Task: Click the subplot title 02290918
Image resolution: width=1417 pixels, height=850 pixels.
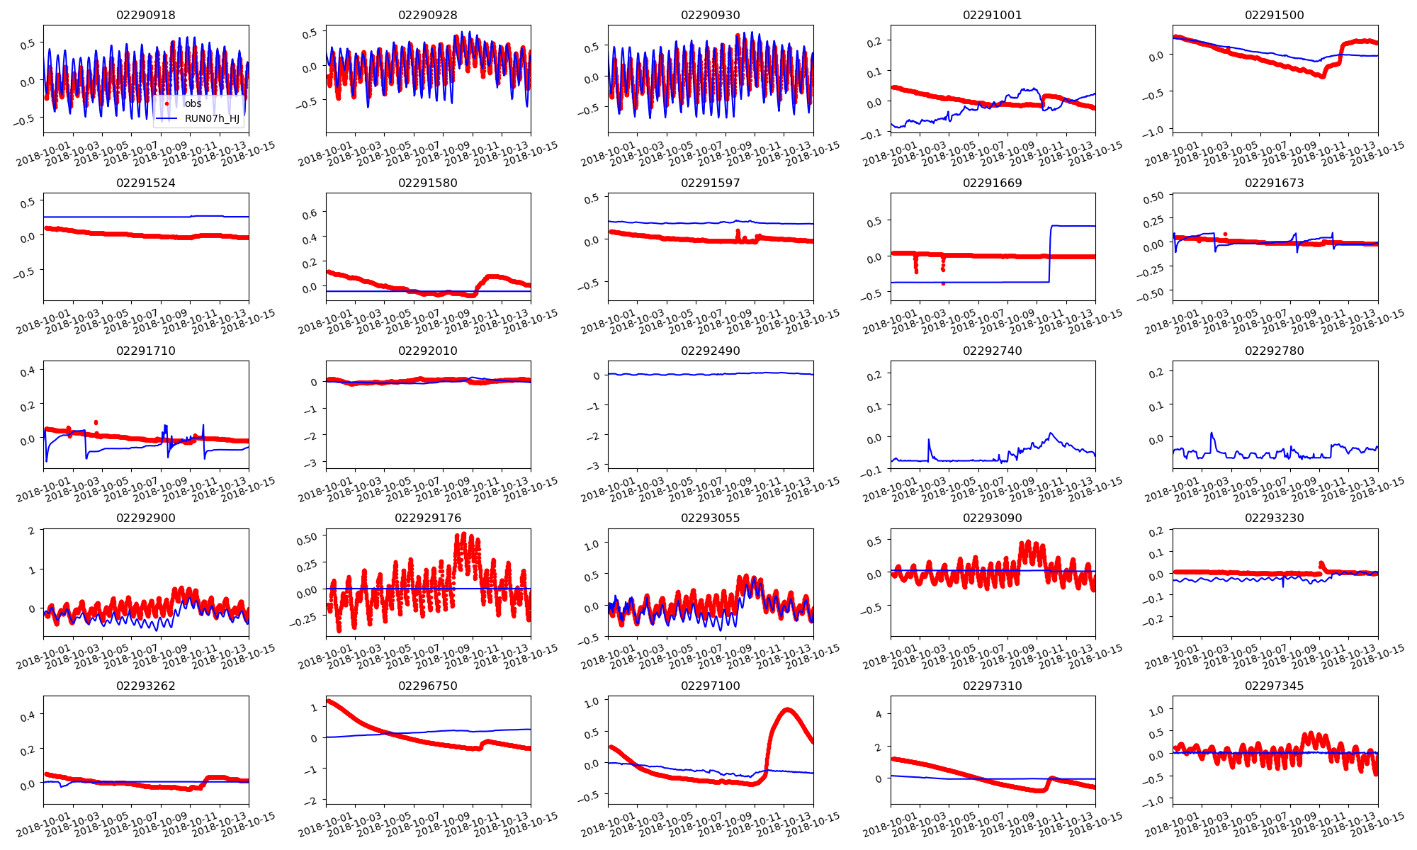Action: point(146,15)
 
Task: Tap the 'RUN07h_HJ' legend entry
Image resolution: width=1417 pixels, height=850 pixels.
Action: point(211,118)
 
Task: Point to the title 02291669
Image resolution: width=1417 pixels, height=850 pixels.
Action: point(993,183)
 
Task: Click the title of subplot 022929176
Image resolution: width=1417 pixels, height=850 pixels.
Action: point(428,518)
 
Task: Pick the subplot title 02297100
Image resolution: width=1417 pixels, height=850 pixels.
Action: point(710,686)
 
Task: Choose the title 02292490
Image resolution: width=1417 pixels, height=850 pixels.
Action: point(710,351)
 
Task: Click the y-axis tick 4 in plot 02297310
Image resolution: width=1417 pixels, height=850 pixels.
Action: point(879,714)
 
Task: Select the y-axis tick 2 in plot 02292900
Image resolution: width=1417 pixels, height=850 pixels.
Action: point(31,531)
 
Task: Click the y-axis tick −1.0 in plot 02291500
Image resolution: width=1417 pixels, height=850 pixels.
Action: point(1153,130)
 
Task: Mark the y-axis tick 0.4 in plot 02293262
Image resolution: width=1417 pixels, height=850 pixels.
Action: point(28,717)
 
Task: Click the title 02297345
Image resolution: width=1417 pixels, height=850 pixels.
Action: point(1274,686)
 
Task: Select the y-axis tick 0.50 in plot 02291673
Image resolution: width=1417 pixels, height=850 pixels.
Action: point(1154,198)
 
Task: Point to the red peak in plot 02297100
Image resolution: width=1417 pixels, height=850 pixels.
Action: point(787,709)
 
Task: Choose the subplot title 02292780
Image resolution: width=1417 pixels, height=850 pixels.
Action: point(1274,351)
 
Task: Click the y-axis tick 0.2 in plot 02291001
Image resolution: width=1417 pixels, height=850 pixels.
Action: point(874,42)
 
